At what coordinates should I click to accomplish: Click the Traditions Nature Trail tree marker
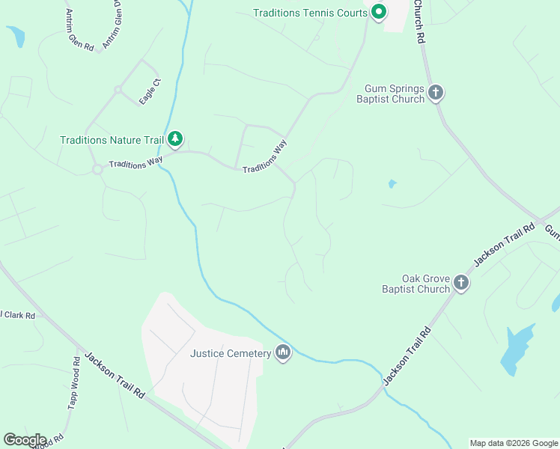coord(175,138)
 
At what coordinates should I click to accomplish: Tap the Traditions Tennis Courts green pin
coord(379,11)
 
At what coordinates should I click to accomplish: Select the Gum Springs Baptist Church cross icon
coord(436,93)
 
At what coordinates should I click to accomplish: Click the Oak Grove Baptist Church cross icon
coord(461,283)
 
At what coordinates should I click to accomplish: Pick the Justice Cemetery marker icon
coord(283,352)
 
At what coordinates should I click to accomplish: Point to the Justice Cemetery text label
coord(230,353)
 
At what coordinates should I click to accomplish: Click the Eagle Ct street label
coord(150,91)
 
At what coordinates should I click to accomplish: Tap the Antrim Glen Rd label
coord(79,31)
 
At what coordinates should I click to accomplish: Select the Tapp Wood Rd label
coord(75,382)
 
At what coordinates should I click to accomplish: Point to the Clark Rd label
coord(18,315)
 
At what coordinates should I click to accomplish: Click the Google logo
coord(25,440)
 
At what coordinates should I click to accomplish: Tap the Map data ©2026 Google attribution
coord(514,443)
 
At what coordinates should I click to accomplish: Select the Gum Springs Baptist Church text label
coord(390,94)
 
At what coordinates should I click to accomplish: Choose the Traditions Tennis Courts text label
coord(308,13)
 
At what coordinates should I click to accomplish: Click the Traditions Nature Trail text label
coord(112,139)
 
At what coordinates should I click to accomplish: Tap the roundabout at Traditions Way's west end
coord(97,169)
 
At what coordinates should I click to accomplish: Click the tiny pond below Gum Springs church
coord(391,183)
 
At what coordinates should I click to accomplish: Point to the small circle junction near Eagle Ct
coord(118,90)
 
